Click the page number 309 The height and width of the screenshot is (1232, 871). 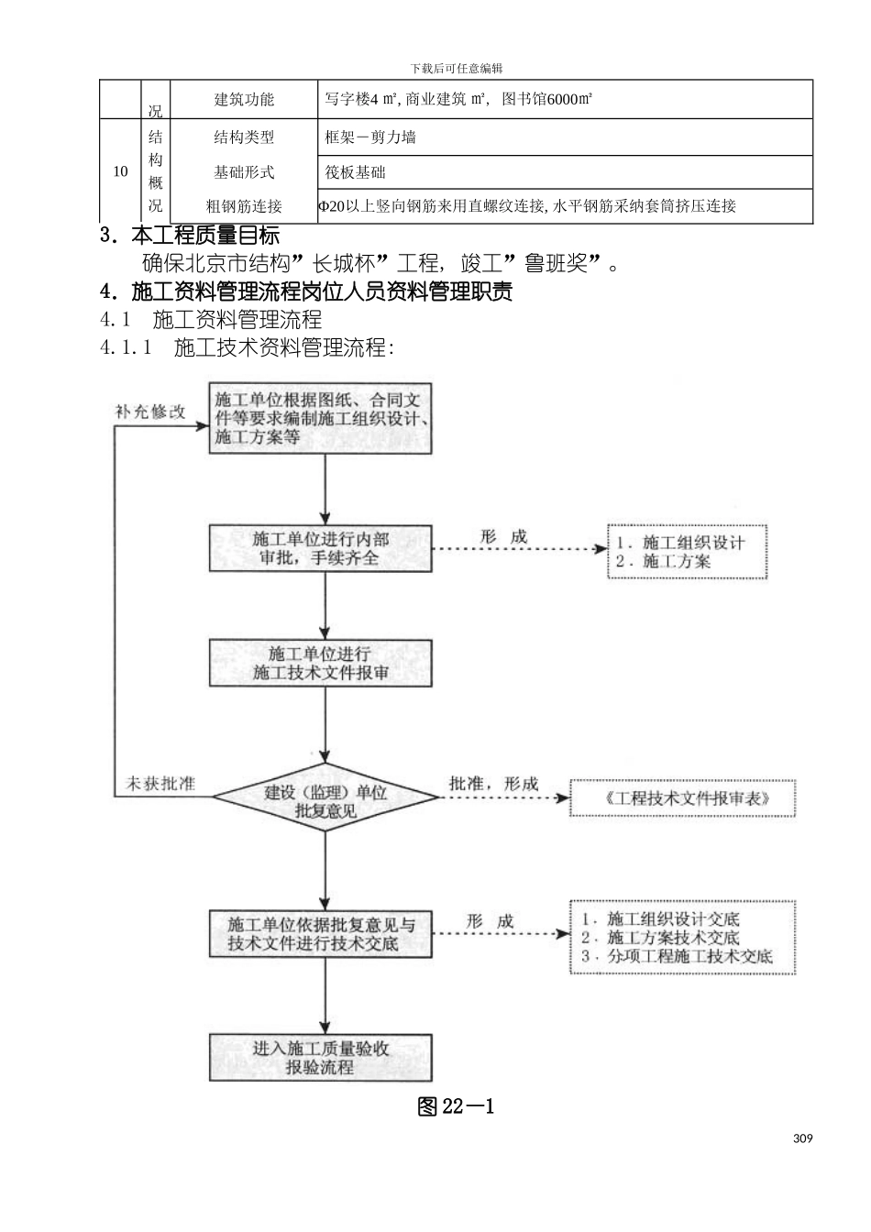pos(802,1139)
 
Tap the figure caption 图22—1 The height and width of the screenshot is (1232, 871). pos(456,1106)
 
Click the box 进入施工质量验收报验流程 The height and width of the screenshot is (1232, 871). pos(321,1058)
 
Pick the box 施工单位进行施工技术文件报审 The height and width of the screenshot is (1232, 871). pos(321,663)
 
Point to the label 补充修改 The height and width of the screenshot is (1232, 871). pos(149,412)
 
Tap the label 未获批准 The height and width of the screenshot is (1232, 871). pos(160,785)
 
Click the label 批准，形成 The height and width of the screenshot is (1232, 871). pos(492,784)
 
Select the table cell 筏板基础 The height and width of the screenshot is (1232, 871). pos(356,172)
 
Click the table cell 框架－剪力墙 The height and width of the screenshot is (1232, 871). pos(370,137)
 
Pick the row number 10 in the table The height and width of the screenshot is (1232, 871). pos(120,171)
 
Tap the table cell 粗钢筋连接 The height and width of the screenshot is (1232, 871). pos(244,206)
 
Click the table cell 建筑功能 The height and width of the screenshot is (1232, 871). pos(244,99)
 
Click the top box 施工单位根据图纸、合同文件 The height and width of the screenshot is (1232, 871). pos(321,419)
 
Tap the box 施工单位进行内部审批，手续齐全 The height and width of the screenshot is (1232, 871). pos(321,548)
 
